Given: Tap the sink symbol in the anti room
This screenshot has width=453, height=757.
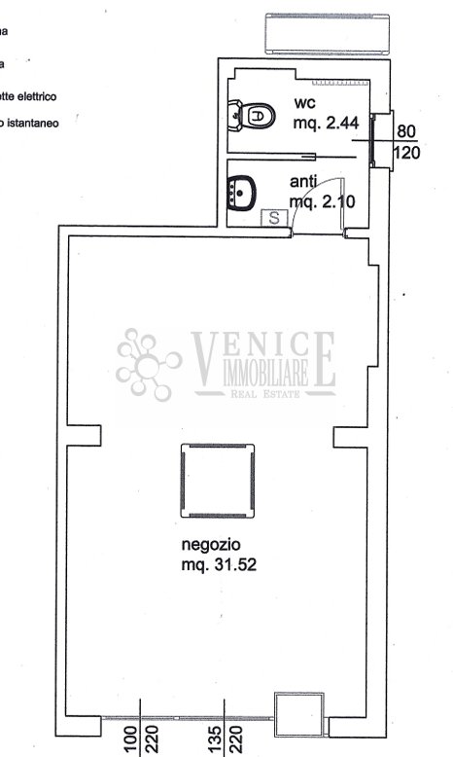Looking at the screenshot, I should (242, 193).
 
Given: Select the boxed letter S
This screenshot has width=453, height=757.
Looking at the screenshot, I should (274, 218).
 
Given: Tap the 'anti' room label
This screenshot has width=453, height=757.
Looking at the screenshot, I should (304, 182).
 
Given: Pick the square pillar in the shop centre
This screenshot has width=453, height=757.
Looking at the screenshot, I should (218, 481).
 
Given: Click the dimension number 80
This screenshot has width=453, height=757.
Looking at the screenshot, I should (406, 134).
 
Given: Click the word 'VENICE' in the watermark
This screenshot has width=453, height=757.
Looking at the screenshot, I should (262, 347).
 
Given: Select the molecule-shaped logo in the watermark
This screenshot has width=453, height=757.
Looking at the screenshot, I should (151, 363).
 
